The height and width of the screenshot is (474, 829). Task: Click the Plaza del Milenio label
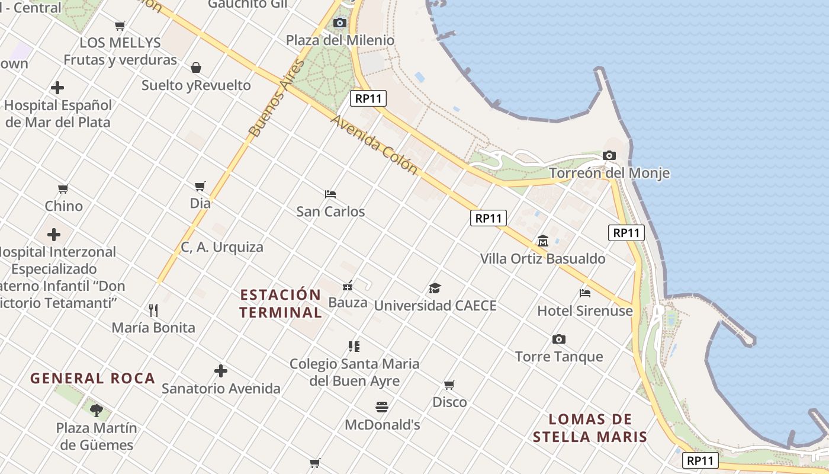click(x=340, y=40)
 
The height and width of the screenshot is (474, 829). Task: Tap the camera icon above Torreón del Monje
click(x=609, y=155)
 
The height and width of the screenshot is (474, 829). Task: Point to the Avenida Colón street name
click(x=374, y=144)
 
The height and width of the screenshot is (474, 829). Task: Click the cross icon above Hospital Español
click(x=57, y=88)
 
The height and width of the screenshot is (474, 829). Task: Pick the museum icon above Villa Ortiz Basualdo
click(x=542, y=241)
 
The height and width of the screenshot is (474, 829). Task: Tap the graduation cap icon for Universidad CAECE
click(x=435, y=289)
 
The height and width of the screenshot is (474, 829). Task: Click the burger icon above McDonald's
click(x=382, y=407)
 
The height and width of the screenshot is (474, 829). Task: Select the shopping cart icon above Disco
click(x=449, y=385)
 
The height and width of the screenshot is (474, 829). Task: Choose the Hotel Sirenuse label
click(x=585, y=310)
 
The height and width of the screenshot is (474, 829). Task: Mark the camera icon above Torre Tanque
click(x=558, y=340)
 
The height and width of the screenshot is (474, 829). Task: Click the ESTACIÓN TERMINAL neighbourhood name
click(x=281, y=303)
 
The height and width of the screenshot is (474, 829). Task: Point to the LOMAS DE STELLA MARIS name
click(x=590, y=428)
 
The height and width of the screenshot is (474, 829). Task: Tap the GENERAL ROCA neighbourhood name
click(x=92, y=378)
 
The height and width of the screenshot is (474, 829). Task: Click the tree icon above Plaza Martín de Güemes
click(x=97, y=410)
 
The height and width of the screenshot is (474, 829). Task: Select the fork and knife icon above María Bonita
click(x=153, y=310)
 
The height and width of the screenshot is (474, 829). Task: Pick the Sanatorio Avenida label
click(x=221, y=389)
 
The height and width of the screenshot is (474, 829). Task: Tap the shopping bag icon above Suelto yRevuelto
click(x=196, y=68)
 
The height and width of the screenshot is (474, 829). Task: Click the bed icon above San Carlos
click(x=330, y=194)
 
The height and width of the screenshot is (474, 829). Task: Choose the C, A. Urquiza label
click(x=222, y=247)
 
